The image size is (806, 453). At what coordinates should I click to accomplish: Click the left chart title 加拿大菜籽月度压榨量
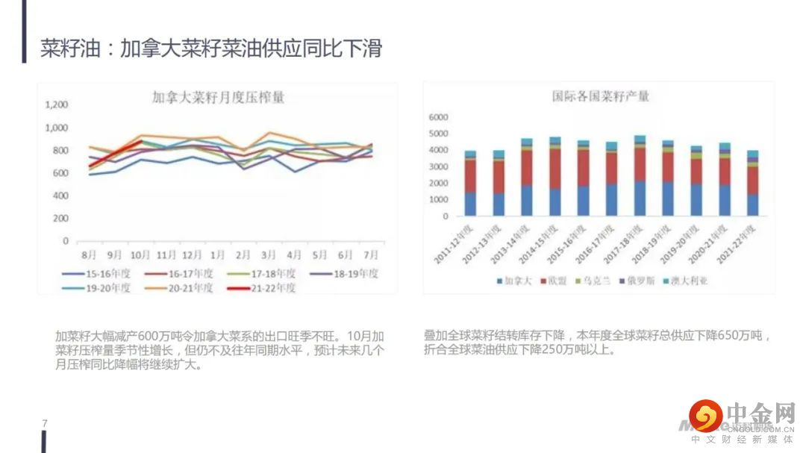coord(218,97)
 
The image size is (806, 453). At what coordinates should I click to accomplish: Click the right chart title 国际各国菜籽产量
coord(600,96)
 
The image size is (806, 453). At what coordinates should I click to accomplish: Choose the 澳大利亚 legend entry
coord(687,281)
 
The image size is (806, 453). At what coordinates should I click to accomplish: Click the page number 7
coord(45,424)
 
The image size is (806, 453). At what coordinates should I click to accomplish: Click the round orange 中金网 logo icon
coord(705,415)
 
